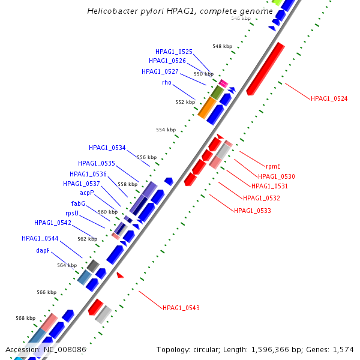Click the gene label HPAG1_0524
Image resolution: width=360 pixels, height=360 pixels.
329,98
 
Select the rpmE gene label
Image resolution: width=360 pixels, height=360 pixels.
273,166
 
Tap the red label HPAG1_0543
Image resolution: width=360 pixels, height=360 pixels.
181,308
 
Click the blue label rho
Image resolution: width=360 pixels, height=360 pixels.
166,83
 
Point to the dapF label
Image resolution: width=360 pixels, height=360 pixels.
43,250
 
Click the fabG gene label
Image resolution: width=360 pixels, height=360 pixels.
78,203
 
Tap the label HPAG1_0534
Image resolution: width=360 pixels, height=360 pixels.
107,148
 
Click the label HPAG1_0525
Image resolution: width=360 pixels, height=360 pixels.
174,52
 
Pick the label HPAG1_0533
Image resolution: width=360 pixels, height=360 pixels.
252,211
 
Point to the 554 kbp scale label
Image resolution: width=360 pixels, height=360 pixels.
166,130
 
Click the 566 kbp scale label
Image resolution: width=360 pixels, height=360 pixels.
46,293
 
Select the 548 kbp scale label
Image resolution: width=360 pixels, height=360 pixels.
222,46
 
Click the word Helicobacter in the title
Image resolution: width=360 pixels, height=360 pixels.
110,11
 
